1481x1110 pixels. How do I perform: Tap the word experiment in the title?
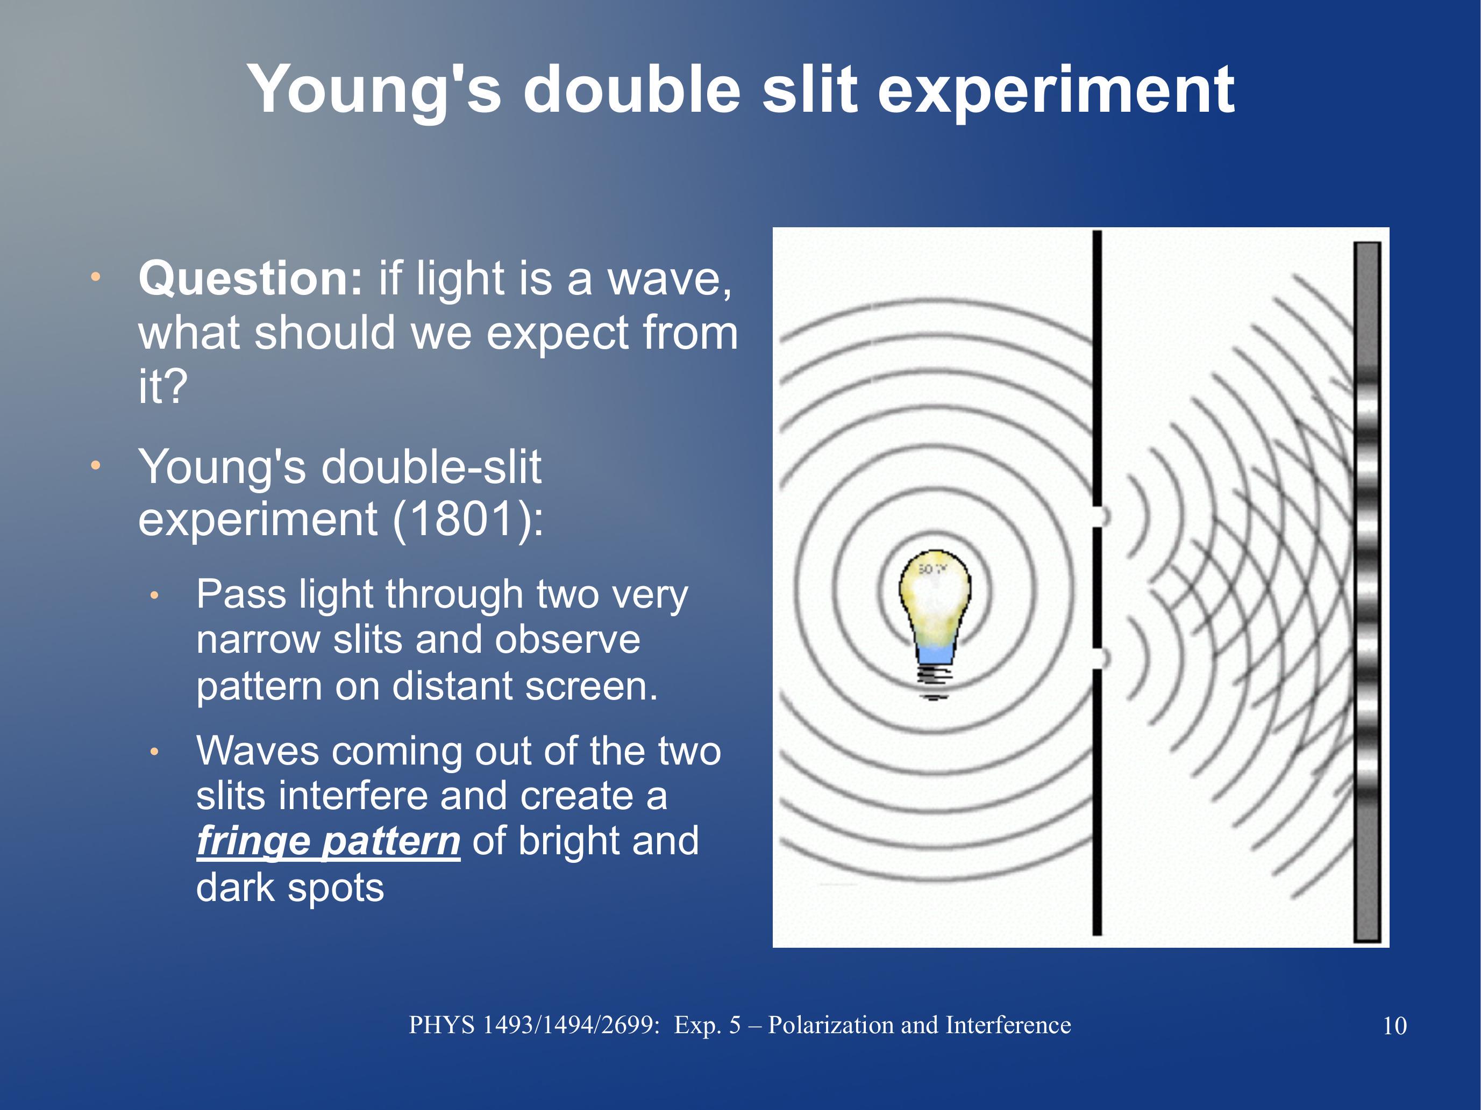click(x=1056, y=90)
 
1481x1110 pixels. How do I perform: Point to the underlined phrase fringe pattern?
click(x=328, y=842)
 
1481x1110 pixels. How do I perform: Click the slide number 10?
click(x=1394, y=1026)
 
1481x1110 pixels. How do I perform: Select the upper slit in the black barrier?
click(x=1098, y=516)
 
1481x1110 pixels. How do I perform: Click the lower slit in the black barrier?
click(x=1098, y=659)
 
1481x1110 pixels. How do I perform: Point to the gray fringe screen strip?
click(x=1367, y=592)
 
